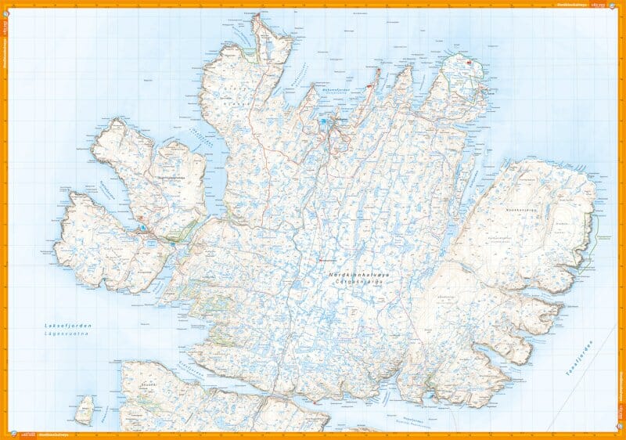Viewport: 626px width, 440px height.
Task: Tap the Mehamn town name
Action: (x=341, y=120)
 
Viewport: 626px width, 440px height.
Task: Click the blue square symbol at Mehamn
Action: (x=323, y=121)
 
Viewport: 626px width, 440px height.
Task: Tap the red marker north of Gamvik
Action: (x=469, y=63)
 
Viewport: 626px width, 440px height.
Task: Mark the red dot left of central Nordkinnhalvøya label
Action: (x=320, y=261)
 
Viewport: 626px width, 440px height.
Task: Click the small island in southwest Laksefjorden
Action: (x=85, y=408)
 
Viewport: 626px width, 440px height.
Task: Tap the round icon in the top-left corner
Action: (x=6, y=5)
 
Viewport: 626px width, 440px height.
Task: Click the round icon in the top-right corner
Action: (x=619, y=5)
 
